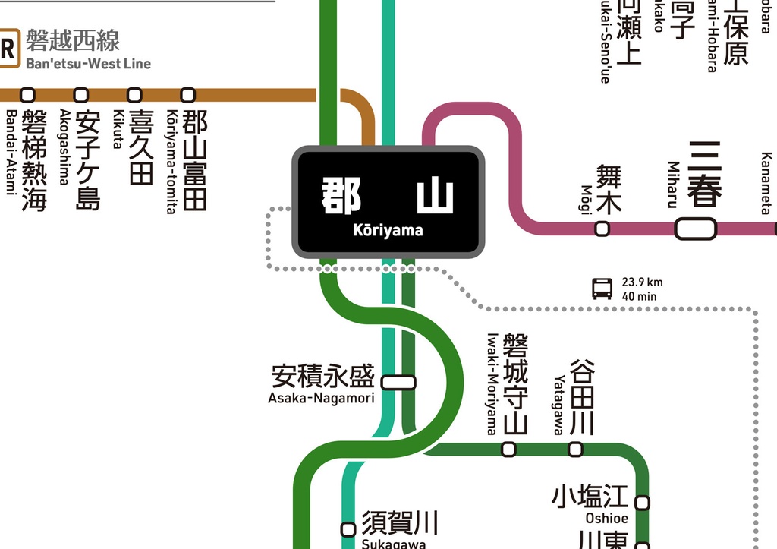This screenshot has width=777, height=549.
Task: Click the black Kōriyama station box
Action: [388, 202]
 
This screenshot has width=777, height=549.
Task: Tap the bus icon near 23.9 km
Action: [602, 289]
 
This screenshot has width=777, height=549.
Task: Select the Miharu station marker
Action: [695, 228]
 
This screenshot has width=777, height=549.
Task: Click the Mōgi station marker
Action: [602, 228]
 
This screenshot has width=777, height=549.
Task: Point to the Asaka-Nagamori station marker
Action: [398, 382]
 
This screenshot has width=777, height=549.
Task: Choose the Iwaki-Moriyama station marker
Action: [508, 449]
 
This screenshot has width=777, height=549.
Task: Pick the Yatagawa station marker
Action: [575, 449]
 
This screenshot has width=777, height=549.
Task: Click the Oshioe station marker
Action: [642, 503]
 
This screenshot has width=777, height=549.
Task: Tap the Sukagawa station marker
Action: [348, 529]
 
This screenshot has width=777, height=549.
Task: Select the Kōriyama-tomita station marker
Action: [187, 95]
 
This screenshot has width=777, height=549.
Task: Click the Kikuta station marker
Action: [134, 95]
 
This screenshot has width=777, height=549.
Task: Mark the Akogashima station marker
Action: [81, 95]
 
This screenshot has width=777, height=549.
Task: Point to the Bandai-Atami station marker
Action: [28, 95]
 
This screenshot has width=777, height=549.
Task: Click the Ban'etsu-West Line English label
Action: [88, 64]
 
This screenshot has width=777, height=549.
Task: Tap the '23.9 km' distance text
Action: [642, 282]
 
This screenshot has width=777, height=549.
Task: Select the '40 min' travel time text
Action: [639, 296]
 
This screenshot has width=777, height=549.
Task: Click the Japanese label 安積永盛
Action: [322, 377]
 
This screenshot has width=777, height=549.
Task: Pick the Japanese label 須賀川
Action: [399, 522]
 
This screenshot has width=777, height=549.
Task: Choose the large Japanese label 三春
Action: [705, 174]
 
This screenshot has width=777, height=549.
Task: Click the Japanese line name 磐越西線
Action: [73, 40]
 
